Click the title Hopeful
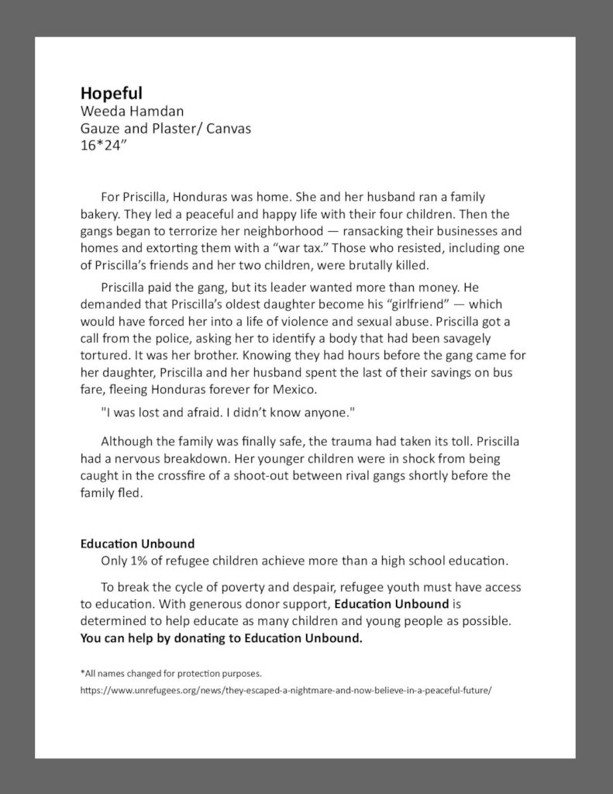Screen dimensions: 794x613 (x=111, y=93)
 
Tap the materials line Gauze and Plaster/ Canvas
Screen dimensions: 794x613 (x=166, y=129)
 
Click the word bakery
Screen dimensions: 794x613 (x=99, y=214)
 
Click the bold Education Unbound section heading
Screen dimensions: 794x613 (x=137, y=544)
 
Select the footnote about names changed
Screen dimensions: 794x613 (x=176, y=673)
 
